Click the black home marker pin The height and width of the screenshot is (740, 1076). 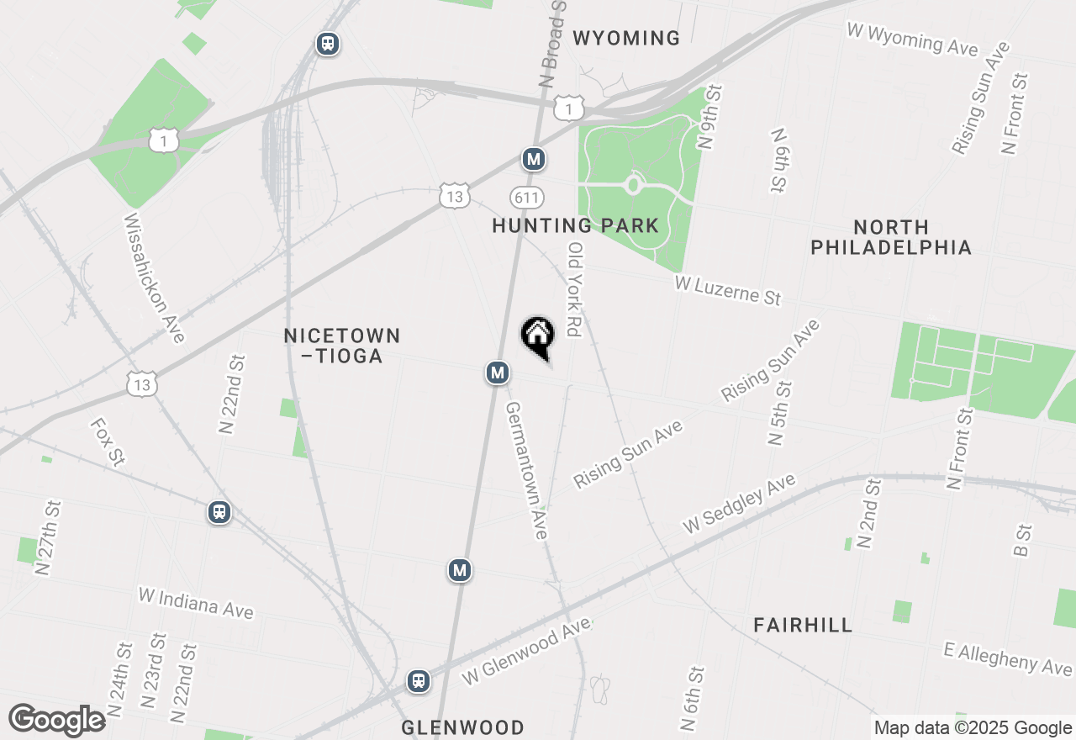(538, 337)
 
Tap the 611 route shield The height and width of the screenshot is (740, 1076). (527, 198)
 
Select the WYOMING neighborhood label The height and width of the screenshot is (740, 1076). (626, 38)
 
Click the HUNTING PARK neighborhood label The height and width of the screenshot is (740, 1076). (576, 225)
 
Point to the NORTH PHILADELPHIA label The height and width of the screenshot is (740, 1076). (891, 237)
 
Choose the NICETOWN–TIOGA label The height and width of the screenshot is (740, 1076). (341, 346)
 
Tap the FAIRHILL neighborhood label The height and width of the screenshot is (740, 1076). (803, 625)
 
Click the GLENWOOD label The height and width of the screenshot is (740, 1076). (462, 727)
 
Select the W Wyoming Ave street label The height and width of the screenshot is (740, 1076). (912, 39)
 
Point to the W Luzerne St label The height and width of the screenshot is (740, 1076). (728, 290)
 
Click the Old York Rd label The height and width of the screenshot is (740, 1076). (575, 289)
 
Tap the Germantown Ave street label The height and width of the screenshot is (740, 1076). (526, 470)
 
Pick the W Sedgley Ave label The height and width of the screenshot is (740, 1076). (739, 503)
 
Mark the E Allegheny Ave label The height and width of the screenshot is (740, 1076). (1008, 658)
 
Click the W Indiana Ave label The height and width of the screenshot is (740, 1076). (195, 603)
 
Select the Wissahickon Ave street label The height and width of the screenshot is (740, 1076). (154, 277)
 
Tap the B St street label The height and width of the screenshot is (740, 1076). (1023, 540)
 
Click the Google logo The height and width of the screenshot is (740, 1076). (57, 720)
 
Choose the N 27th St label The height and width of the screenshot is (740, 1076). (49, 538)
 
